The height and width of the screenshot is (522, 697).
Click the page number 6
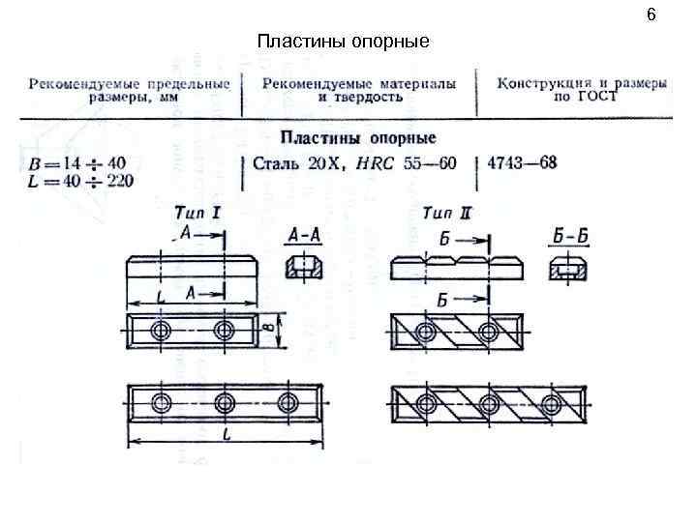(x=652, y=15)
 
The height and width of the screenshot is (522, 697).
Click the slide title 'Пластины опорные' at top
(x=343, y=42)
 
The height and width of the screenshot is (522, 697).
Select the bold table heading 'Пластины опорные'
(x=358, y=138)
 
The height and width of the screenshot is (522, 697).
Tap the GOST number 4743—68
(x=523, y=161)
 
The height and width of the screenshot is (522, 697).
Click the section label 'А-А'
(x=308, y=235)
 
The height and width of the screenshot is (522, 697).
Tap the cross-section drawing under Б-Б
(x=567, y=267)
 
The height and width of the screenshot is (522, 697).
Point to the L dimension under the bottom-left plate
(x=224, y=435)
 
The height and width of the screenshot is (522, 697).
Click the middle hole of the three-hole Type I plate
(x=225, y=402)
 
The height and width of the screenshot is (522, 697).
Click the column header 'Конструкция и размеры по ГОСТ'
(x=583, y=90)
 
